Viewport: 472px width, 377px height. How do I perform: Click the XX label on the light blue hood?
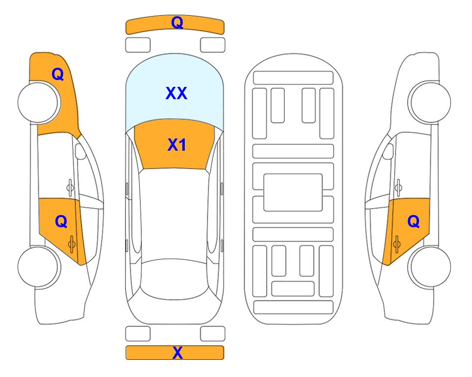tap(176, 93)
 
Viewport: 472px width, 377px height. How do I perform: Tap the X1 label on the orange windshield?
tap(177, 145)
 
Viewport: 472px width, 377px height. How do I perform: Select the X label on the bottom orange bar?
tap(177, 352)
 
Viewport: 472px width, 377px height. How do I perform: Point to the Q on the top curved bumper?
tap(177, 22)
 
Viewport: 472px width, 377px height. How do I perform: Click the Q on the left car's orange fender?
tap(58, 74)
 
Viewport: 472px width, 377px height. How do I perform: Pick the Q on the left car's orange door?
tap(61, 221)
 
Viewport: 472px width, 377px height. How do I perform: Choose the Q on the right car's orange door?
tap(414, 221)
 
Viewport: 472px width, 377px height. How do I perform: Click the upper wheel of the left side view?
tap(38, 102)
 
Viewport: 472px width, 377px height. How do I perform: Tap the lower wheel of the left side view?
tap(38, 267)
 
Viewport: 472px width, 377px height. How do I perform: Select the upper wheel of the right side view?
tap(430, 102)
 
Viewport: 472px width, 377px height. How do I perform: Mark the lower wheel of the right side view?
tap(430, 267)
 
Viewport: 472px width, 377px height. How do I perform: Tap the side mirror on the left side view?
tap(80, 151)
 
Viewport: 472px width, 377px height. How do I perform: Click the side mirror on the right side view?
tap(388, 151)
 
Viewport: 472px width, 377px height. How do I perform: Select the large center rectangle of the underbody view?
tap(293, 192)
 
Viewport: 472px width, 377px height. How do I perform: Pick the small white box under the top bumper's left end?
tap(138, 45)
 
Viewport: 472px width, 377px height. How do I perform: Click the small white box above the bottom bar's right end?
tap(213, 334)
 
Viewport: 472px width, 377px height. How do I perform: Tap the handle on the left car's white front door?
tap(70, 188)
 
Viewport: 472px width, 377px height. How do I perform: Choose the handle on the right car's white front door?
tap(398, 188)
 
